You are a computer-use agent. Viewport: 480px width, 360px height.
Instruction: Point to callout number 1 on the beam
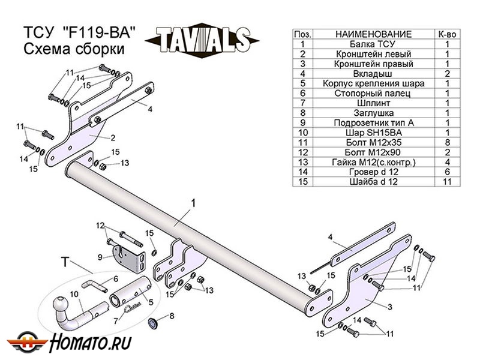(194, 204)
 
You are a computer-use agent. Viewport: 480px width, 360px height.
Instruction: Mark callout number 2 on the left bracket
(112, 137)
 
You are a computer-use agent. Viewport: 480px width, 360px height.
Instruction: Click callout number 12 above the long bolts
(100, 225)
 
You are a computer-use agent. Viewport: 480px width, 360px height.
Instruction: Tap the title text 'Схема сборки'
(74, 50)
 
